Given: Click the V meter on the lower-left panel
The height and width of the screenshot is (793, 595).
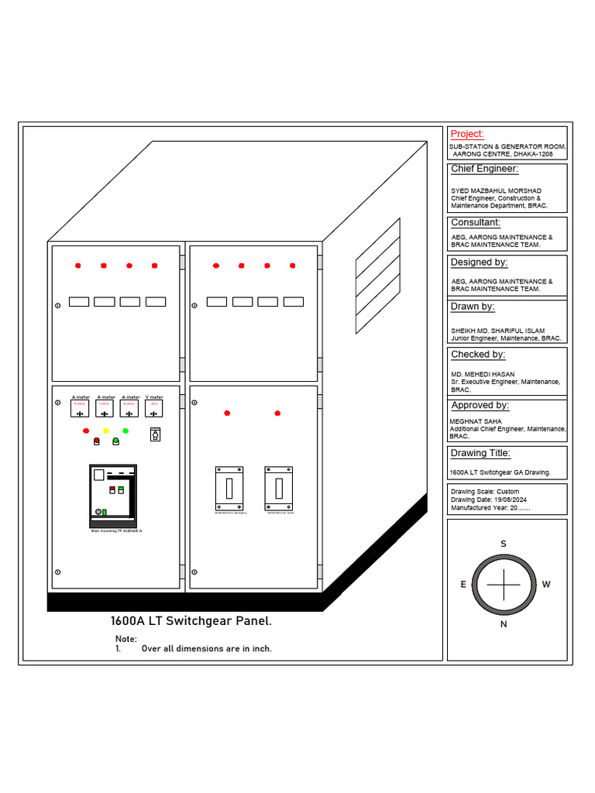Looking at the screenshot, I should [x=154, y=409].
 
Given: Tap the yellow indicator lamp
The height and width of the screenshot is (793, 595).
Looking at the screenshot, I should [x=106, y=431].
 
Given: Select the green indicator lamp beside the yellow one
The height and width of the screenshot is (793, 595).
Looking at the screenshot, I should [x=126, y=431].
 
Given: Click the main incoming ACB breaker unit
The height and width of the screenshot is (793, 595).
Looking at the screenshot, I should [x=113, y=494].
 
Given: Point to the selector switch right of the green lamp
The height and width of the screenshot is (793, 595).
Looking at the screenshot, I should [x=155, y=434].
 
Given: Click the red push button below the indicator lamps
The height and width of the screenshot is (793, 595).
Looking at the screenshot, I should [x=97, y=441].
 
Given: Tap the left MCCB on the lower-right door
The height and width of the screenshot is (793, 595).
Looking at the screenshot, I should [x=229, y=488].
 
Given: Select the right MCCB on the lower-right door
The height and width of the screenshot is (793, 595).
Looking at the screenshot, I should [x=278, y=488].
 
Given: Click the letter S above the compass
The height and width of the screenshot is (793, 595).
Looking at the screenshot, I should [x=503, y=544].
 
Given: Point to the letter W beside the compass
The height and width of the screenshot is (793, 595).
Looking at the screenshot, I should [x=546, y=585].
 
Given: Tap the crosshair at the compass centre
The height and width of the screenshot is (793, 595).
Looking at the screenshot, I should [x=504, y=585].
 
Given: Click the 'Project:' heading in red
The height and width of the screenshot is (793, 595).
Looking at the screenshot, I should [x=467, y=134].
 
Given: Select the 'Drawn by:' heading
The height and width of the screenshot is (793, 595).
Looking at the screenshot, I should [x=473, y=307].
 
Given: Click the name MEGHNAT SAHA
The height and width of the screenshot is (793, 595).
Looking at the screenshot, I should [x=476, y=422].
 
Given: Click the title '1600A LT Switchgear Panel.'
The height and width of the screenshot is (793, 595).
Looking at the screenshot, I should [x=191, y=621].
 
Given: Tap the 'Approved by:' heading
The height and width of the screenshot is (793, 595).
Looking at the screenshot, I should [x=480, y=405].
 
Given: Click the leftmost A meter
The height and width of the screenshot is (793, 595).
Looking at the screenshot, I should [x=80, y=409].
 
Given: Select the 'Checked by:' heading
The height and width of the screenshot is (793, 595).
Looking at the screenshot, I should [x=478, y=355].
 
